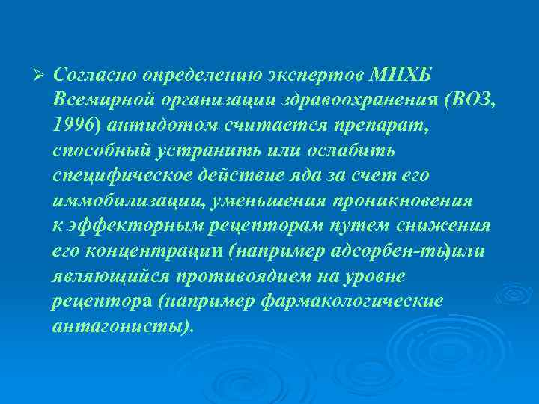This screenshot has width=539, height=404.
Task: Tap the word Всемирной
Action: [99, 100]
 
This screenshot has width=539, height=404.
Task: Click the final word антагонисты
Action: [121, 326]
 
